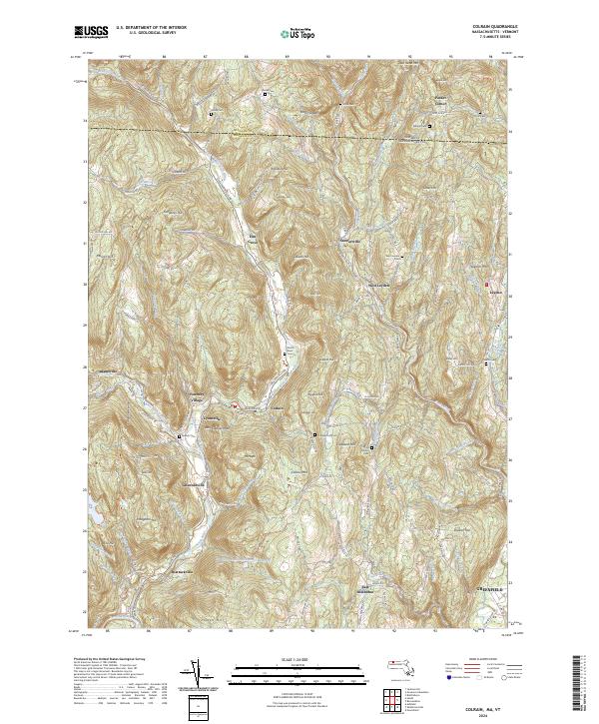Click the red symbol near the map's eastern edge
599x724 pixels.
[x=488, y=288]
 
